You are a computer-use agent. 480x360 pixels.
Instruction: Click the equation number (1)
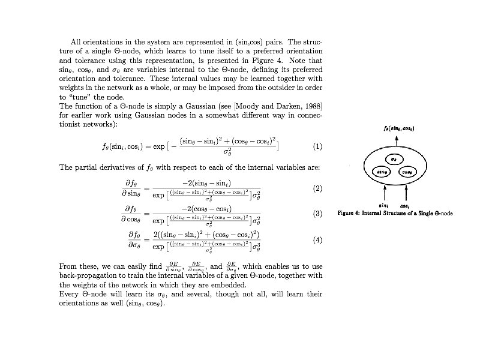click(317, 146)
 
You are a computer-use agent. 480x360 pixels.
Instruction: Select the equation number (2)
click(317, 188)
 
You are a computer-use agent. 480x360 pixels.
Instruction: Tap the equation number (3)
click(317, 214)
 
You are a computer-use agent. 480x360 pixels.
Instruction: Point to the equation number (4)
click(317, 239)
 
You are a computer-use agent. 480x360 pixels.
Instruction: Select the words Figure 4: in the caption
click(351, 212)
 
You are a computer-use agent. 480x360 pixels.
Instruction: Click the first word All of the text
click(76, 43)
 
